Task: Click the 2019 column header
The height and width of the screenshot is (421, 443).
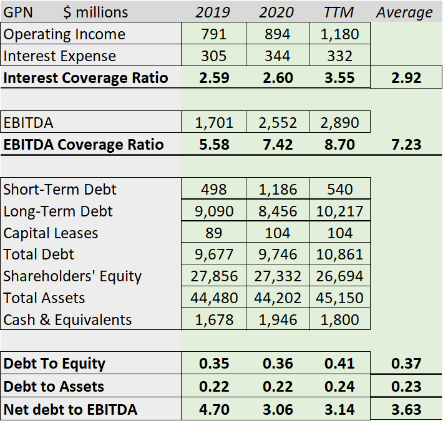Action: (213, 12)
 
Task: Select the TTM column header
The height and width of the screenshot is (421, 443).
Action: (339, 12)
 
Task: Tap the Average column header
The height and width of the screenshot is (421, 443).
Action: (404, 12)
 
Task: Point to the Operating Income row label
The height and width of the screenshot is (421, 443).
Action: (64, 34)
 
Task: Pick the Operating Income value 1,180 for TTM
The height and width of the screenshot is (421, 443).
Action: (339, 34)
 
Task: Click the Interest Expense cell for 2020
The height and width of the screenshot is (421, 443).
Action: (277, 56)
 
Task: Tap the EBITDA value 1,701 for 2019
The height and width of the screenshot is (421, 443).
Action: (214, 122)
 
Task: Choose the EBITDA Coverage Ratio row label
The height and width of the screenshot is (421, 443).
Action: (84, 145)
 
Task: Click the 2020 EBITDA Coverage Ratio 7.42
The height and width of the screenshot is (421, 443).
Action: (277, 145)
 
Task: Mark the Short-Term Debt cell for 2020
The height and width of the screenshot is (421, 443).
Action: (277, 189)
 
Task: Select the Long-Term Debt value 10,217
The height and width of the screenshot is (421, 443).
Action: (340, 211)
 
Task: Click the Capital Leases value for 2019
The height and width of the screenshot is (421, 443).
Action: (214, 233)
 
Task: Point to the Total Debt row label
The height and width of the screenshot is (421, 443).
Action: (39, 254)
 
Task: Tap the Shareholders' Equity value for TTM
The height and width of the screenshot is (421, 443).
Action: (340, 276)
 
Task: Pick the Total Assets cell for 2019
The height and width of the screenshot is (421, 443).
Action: (214, 298)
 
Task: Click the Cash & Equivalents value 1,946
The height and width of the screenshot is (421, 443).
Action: (277, 320)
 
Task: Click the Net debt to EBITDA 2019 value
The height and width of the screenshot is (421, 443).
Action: (214, 410)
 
